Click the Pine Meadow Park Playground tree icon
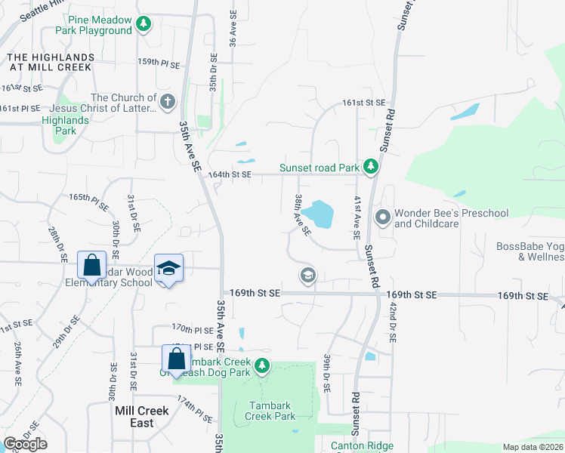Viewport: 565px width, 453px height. pyautogui.click(x=143, y=25)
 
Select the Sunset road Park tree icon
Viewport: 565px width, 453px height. pyautogui.click(x=370, y=166)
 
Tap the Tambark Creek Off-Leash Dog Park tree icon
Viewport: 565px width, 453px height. pyautogui.click(x=261, y=366)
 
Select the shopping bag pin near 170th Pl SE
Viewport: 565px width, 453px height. pyautogui.click(x=176, y=359)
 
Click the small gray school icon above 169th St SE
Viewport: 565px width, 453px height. pyautogui.click(x=307, y=275)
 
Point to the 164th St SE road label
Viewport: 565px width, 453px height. pyautogui.click(x=230, y=174)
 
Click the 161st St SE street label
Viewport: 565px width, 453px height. pyautogui.click(x=363, y=102)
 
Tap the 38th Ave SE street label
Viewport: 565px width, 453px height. pyautogui.click(x=302, y=214)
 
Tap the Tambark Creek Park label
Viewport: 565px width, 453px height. pyautogui.click(x=272, y=411)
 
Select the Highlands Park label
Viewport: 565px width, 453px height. pyautogui.click(x=65, y=125)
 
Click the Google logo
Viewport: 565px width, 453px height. pyautogui.click(x=25, y=444)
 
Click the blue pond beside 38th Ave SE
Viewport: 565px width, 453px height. pyautogui.click(x=322, y=214)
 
